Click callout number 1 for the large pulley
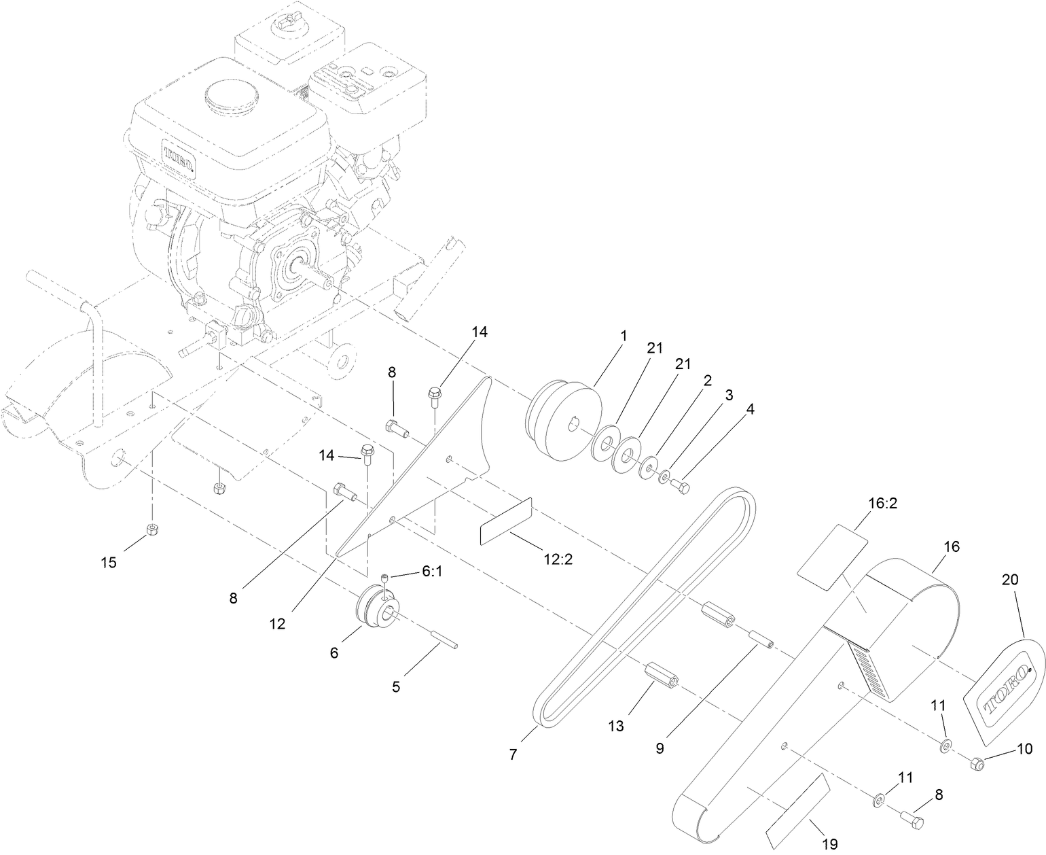[623, 336]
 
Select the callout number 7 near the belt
[513, 754]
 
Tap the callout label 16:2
[863, 504]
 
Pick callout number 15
[109, 562]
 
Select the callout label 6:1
[432, 573]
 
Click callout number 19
[829, 843]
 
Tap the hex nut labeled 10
[977, 765]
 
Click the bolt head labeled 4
[681, 487]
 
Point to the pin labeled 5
[445, 642]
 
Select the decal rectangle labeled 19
[799, 810]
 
